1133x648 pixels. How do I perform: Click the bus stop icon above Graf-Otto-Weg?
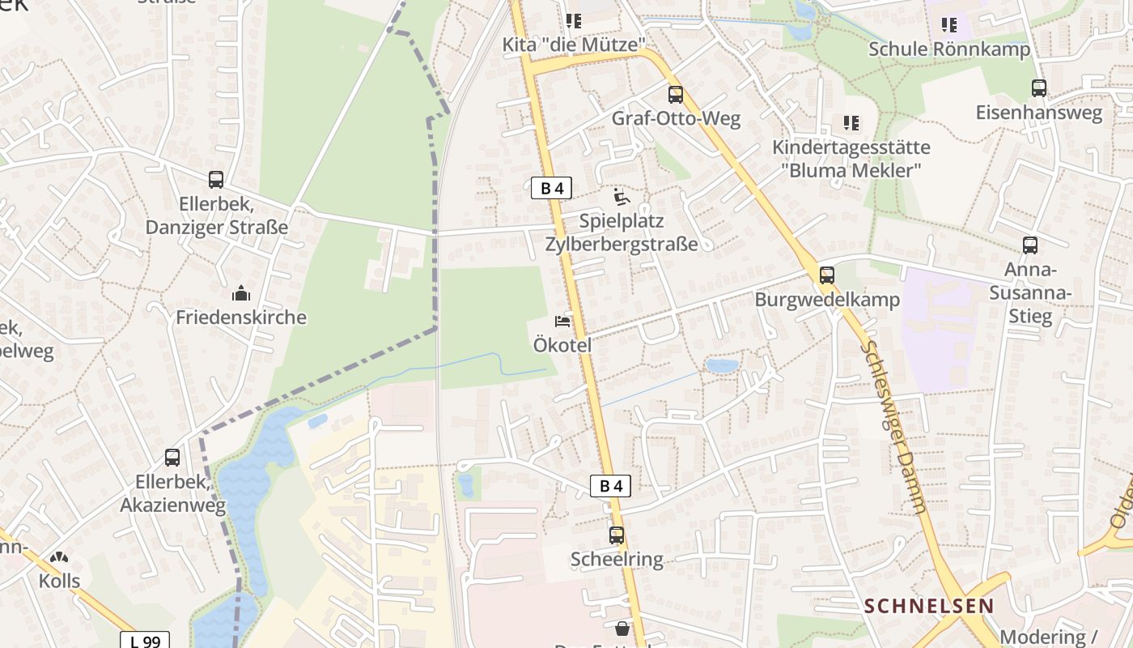[675, 95]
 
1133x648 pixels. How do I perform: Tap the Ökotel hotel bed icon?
[562, 322]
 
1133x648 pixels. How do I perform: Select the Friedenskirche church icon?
[241, 293]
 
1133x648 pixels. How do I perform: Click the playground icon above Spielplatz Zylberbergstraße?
[621, 197]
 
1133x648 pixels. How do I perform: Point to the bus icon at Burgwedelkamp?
[826, 275]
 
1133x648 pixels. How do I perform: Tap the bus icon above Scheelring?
[617, 535]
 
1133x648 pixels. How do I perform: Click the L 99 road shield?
[146, 641]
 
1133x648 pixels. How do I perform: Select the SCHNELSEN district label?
[929, 606]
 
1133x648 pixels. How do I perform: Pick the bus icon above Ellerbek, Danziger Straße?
[216, 180]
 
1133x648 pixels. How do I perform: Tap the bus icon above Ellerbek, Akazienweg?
[172, 458]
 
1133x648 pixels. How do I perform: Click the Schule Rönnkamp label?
[949, 49]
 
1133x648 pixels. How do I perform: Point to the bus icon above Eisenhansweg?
[1039, 88]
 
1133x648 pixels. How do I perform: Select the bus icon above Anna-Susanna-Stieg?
[1029, 245]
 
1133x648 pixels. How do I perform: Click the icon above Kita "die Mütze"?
[574, 21]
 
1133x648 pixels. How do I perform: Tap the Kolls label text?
[60, 581]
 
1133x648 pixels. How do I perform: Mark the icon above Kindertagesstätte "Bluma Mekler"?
[851, 123]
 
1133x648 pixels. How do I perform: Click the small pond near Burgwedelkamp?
[722, 366]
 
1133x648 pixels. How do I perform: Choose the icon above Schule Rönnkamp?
[949, 25]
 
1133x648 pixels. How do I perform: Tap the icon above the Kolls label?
[59, 558]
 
